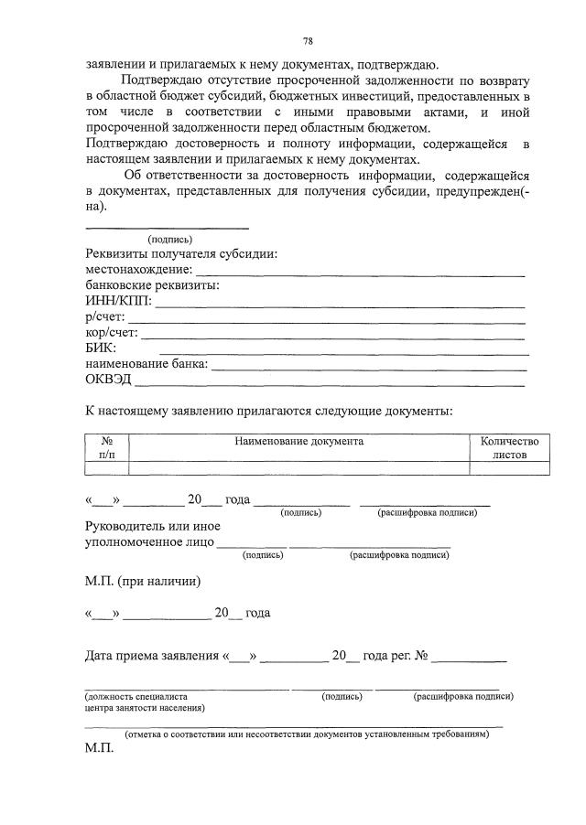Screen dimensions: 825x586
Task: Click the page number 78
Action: click(309, 41)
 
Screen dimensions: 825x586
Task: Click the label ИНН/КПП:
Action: click(118, 300)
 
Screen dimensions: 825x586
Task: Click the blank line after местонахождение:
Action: click(361, 272)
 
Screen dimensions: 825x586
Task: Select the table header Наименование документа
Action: click(298, 441)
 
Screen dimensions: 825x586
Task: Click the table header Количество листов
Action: click(510, 447)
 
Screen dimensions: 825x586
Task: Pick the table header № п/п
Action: click(106, 447)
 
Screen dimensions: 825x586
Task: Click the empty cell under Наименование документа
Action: click(298, 468)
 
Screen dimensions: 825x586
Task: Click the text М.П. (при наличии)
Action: click(142, 581)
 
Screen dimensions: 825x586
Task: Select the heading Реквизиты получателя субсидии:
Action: click(181, 254)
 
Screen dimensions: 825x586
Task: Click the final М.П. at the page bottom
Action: click(98, 747)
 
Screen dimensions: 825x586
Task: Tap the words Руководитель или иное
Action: click(153, 526)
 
